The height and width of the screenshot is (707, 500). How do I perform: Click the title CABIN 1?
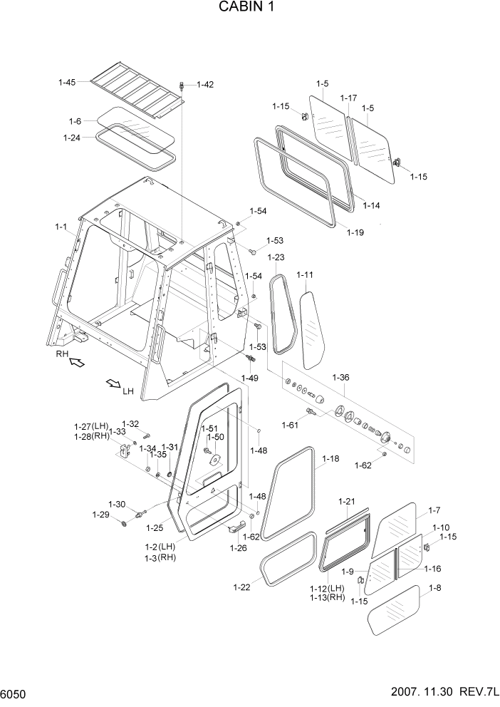(249, 8)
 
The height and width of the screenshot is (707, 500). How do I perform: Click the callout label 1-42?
(204, 85)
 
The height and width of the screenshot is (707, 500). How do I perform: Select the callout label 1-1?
(61, 227)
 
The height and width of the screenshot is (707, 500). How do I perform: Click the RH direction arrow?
(75, 363)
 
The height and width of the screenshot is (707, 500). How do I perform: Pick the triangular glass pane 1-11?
(311, 328)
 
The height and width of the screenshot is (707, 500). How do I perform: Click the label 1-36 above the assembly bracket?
(340, 377)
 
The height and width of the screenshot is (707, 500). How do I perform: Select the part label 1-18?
(330, 460)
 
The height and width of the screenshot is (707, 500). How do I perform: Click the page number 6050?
(14, 693)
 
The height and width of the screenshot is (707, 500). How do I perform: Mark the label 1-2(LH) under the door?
(159, 547)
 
